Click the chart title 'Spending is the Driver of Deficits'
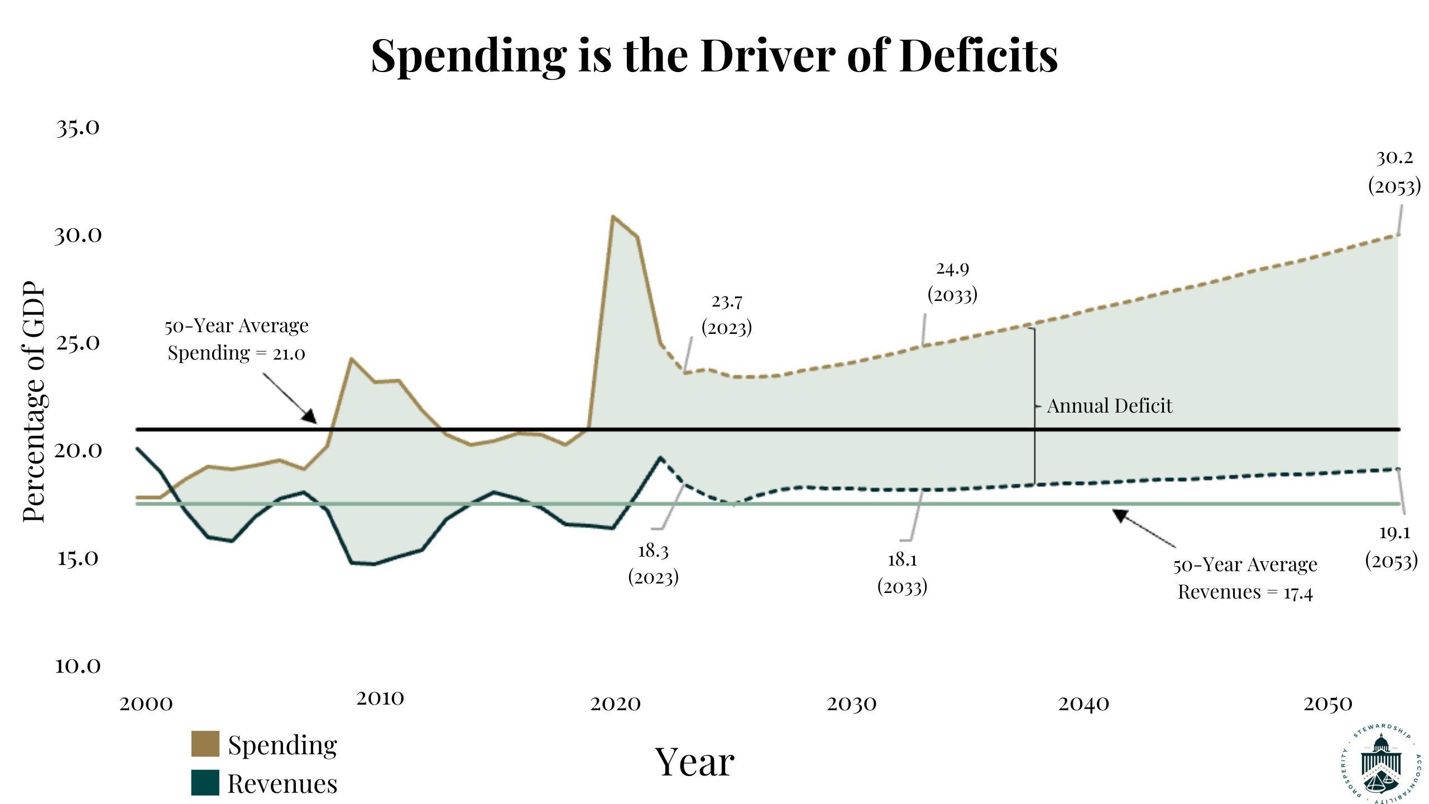coord(714,56)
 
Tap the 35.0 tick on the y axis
coord(78,128)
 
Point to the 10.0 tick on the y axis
coord(78,666)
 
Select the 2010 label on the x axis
coord(380,698)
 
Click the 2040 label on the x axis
coord(1083,704)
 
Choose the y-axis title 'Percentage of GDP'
coord(33,402)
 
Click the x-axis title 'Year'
coord(694,762)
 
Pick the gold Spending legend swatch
coord(205,744)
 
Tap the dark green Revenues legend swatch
coord(205,782)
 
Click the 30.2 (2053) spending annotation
coord(1394,172)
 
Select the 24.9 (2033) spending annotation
coord(952,282)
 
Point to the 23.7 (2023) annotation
coord(727,314)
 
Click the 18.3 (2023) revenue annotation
coord(653,564)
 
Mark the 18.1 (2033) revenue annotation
coord(902,573)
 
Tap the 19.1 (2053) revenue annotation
coord(1392,547)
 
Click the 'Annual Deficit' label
coord(1109,406)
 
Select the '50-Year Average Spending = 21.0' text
coord(236,339)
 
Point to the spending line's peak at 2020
coord(613,216)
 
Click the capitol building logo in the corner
coord(1380,764)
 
